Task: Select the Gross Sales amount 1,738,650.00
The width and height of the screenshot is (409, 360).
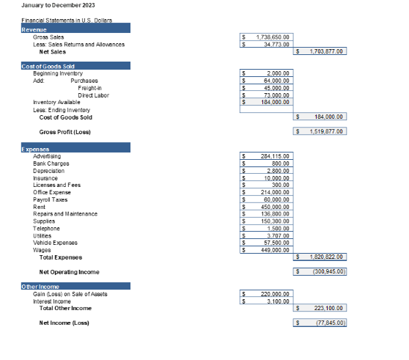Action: [x=273, y=36]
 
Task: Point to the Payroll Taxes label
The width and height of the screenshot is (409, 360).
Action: [x=50, y=199]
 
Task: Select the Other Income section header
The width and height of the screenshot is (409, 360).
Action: [x=40, y=286]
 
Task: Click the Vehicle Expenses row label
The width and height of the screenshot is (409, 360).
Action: [x=55, y=243]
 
